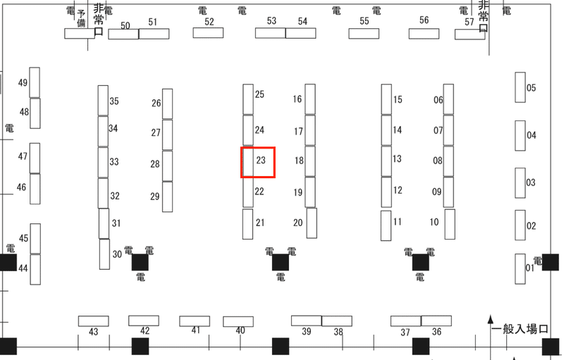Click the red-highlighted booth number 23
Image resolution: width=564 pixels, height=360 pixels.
(x=261, y=160)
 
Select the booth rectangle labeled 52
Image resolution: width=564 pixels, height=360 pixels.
(x=208, y=32)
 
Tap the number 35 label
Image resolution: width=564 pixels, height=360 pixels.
(x=114, y=101)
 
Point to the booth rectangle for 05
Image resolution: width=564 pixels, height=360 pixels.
(x=520, y=87)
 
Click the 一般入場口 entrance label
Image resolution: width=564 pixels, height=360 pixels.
(x=520, y=329)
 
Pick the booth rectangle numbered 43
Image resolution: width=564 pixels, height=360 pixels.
(x=94, y=321)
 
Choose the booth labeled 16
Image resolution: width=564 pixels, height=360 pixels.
(x=310, y=99)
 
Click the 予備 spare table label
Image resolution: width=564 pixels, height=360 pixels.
(x=81, y=18)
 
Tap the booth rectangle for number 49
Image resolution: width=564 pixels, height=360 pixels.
(x=35, y=82)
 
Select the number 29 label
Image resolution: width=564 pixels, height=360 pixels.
(x=155, y=197)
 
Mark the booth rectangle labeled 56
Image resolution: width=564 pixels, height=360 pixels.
(x=424, y=34)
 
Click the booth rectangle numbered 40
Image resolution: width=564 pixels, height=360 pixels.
(x=238, y=321)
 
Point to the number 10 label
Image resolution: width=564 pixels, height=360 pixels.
(x=434, y=222)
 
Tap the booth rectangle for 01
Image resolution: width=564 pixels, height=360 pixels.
(x=520, y=268)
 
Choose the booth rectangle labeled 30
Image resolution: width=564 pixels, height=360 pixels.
(x=104, y=254)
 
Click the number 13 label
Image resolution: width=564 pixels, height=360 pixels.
(x=397, y=159)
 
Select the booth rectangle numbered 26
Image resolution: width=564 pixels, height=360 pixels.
(x=167, y=104)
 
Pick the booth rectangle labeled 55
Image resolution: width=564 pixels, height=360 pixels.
(x=364, y=33)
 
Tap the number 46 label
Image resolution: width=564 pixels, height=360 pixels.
(x=21, y=187)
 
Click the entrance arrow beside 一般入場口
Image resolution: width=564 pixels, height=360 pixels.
(x=490, y=337)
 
